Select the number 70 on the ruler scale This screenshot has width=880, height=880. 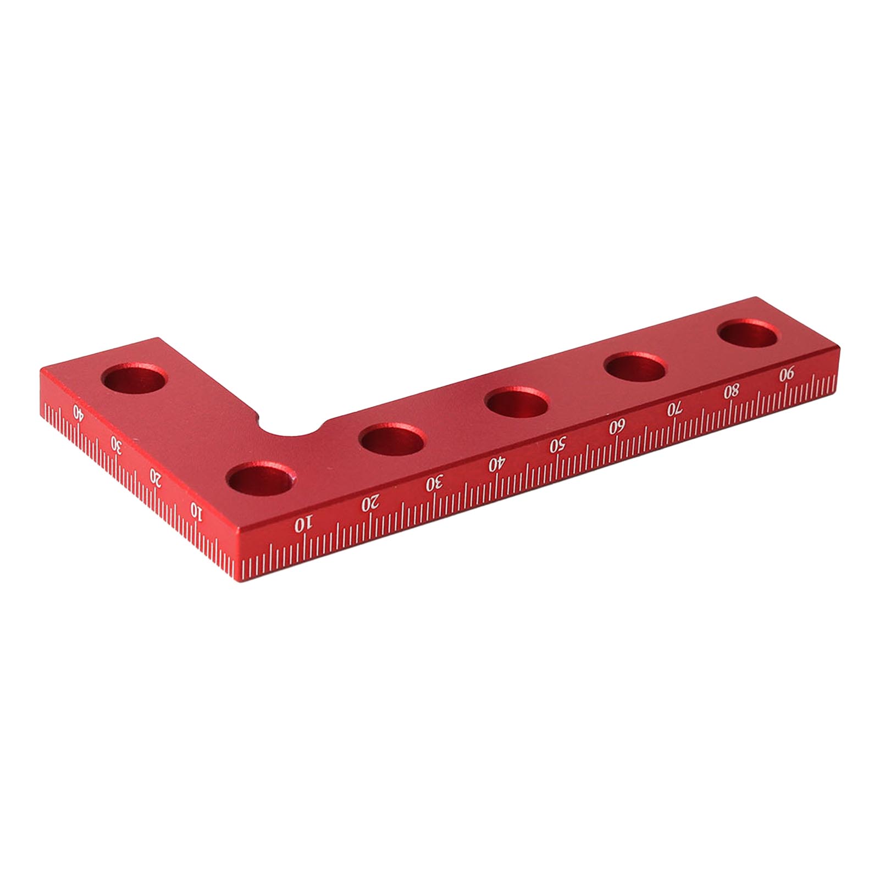(674, 409)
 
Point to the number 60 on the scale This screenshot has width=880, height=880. (617, 427)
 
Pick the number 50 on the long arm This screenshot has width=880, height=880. (557, 445)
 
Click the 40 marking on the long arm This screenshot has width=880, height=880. (496, 464)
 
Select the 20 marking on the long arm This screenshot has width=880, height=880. (371, 502)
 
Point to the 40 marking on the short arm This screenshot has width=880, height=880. (79, 412)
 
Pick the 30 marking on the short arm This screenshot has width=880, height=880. (116, 442)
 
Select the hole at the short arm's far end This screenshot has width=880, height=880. (136, 378)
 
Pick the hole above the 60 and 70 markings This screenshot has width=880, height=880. (635, 367)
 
